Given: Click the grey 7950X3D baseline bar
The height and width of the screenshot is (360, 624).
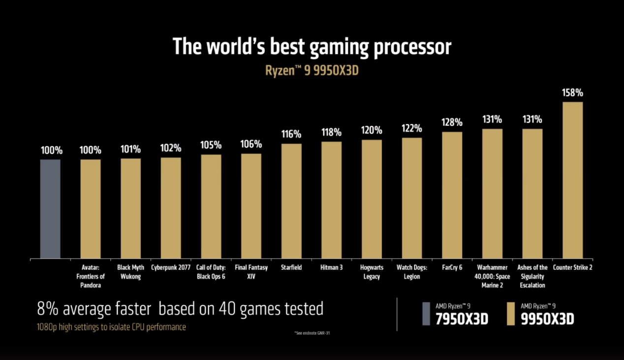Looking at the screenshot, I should pyautogui.click(x=50, y=209).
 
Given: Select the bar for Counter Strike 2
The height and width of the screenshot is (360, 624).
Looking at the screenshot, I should pyautogui.click(x=573, y=180).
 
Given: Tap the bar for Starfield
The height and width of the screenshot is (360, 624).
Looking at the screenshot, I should pyautogui.click(x=291, y=201).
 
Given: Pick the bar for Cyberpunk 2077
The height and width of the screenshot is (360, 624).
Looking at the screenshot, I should pyautogui.click(x=171, y=208).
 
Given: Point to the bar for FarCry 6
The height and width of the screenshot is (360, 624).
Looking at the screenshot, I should pyautogui.click(x=452, y=195).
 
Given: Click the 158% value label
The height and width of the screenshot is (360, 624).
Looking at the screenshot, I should pyautogui.click(x=573, y=93).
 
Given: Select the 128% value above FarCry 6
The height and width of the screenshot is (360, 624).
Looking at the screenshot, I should pyautogui.click(x=452, y=122).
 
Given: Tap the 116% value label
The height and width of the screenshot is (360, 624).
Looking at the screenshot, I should pyautogui.click(x=291, y=134).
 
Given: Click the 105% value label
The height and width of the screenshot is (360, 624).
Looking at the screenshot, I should pyautogui.click(x=211, y=145).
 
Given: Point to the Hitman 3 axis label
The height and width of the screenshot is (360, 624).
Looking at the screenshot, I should pyautogui.click(x=332, y=267).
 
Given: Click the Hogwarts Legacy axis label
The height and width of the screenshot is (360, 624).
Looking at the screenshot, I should pyautogui.click(x=372, y=272).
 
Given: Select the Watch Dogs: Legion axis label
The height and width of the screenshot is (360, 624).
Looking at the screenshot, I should pyautogui.click(x=411, y=272).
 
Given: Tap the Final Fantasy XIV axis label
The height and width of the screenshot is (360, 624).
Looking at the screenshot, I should pyautogui.click(x=251, y=272).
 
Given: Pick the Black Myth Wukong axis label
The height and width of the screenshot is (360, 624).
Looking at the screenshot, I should pyautogui.click(x=130, y=272).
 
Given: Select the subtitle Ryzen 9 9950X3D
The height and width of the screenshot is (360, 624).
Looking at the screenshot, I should pyautogui.click(x=312, y=70).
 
